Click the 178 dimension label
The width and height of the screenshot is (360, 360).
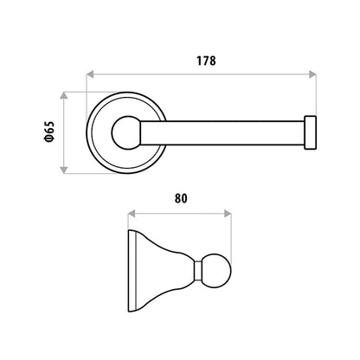(206, 61)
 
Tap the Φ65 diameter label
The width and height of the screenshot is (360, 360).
(49, 132)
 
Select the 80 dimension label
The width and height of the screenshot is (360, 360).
(181, 198)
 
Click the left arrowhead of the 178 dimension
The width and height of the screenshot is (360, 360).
(90, 74)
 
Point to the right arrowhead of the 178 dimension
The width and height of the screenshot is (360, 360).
(312, 74)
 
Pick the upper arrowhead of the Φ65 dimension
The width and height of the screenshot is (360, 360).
(64, 95)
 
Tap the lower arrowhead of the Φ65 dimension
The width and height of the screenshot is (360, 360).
(64, 170)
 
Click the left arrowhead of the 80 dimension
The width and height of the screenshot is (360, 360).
(132, 214)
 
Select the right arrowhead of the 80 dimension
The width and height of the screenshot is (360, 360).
(228, 214)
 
